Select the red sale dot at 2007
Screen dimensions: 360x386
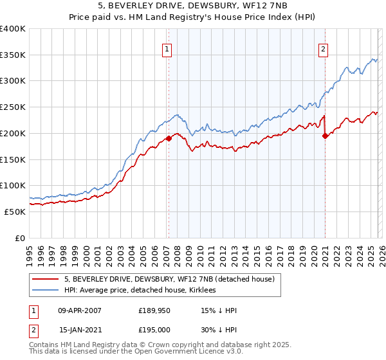coord(169,138)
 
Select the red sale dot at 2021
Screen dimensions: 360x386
coord(325,135)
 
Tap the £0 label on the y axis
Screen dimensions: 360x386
coord(19,238)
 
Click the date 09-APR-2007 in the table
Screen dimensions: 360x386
coord(80,310)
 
